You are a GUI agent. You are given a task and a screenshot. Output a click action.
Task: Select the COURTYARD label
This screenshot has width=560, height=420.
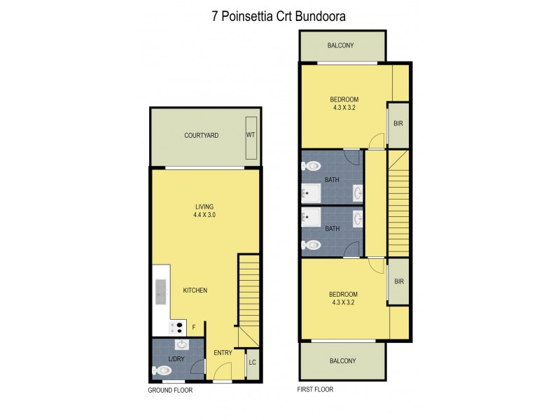click(202, 135)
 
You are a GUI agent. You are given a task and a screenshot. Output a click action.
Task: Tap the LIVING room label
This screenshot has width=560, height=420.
click(204, 206)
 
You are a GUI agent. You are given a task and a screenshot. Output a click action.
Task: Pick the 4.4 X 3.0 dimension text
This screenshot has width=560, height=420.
click(204, 216)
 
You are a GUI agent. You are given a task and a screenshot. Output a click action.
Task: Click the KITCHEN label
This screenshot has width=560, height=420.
click(195, 290)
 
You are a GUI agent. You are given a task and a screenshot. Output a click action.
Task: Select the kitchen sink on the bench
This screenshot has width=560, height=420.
click(160, 290)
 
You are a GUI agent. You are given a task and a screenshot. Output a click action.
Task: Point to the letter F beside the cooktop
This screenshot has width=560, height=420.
click(194, 325)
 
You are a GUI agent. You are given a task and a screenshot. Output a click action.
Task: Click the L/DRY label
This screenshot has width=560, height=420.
click(176, 359)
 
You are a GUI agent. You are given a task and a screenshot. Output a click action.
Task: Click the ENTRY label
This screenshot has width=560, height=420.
click(223, 352)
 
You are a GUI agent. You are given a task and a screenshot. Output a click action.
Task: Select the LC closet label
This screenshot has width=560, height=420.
click(252, 363)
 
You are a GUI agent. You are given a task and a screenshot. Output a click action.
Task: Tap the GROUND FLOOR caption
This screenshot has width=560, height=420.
click(170, 390)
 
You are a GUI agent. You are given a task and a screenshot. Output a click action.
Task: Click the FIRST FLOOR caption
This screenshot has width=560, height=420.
click(316, 389)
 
